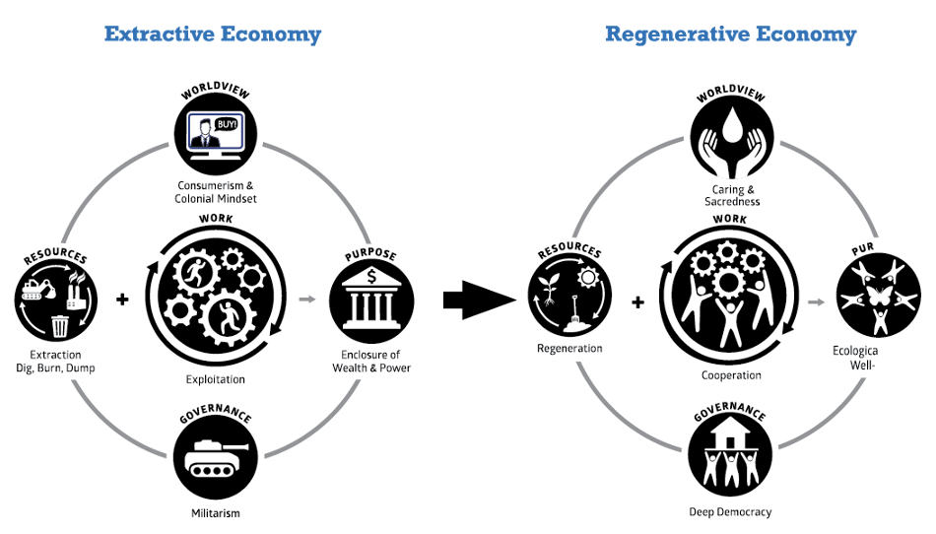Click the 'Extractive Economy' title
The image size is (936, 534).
[x=213, y=34]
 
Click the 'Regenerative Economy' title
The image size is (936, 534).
[x=730, y=34]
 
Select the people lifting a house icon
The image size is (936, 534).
[x=731, y=457]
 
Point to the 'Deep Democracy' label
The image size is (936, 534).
[x=731, y=512]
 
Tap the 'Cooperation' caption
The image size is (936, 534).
[x=731, y=375]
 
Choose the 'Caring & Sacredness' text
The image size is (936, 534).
[x=731, y=195]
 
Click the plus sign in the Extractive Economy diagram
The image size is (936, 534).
[x=122, y=299]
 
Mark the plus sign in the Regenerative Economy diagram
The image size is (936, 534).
[x=637, y=301]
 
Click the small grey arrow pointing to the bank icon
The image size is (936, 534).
[x=308, y=299]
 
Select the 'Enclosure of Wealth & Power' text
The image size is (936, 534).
[x=371, y=362]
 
